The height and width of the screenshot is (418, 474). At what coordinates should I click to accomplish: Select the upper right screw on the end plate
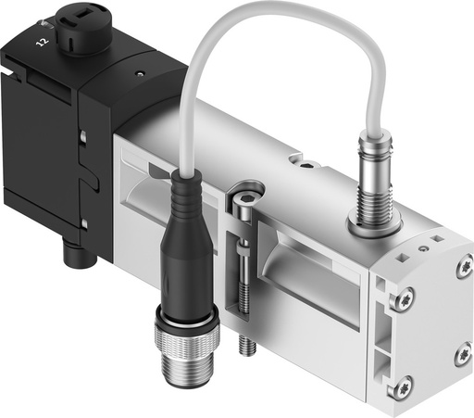coord(462,269)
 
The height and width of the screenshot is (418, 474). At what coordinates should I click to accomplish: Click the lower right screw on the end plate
coord(462,355)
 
